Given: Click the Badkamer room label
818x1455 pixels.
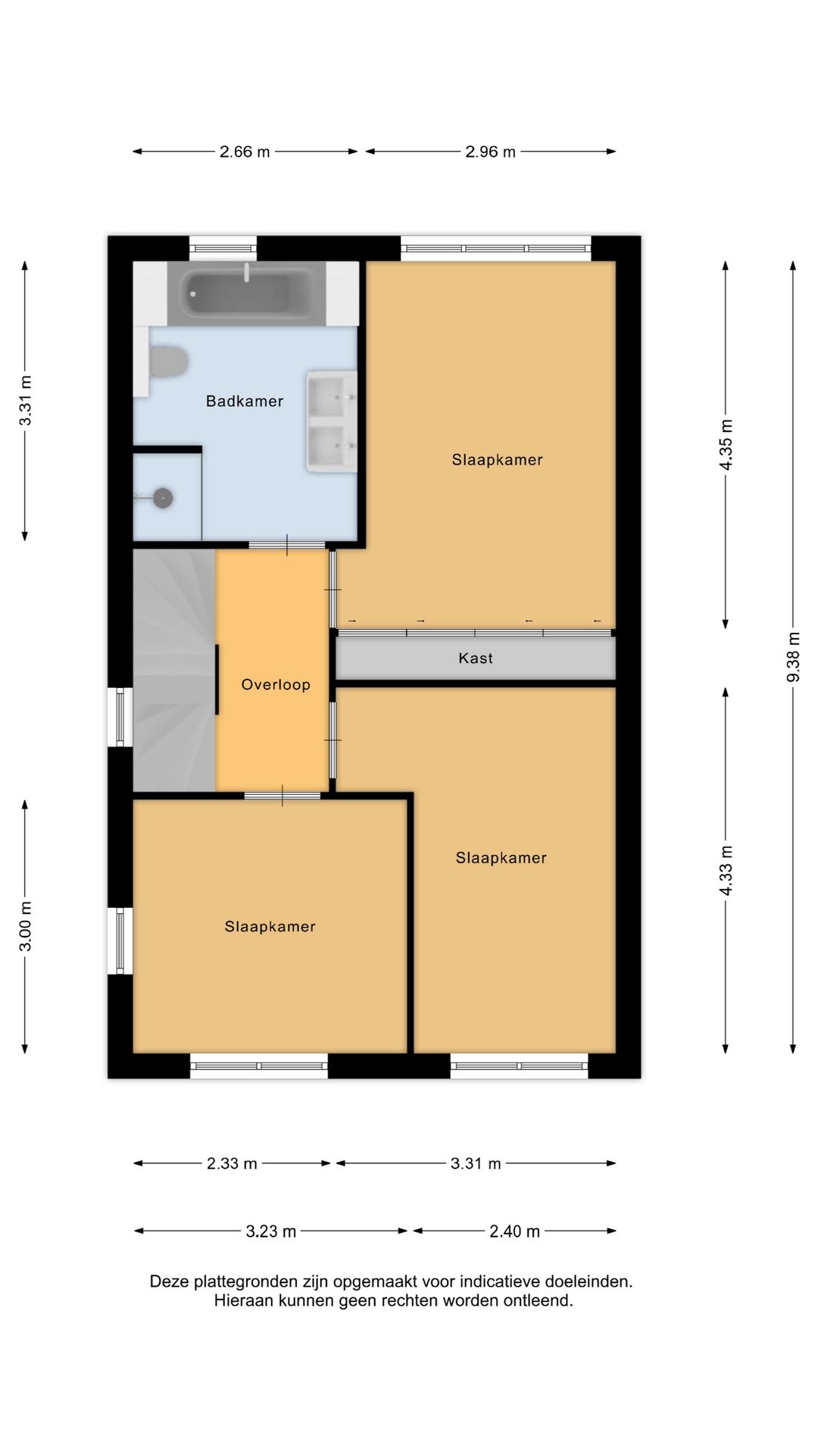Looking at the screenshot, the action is (245, 401).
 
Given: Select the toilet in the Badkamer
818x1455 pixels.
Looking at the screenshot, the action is (167, 361).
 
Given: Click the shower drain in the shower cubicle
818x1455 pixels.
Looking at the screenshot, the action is (163, 498).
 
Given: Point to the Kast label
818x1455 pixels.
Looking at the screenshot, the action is (476, 659).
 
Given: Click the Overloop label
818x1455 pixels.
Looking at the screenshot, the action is (276, 685).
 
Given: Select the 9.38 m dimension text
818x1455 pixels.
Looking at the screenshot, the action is (793, 656).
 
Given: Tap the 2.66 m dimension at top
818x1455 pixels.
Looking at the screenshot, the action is (245, 152).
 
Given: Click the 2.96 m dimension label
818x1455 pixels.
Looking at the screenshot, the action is (490, 152).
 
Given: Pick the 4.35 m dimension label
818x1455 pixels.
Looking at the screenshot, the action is (726, 444).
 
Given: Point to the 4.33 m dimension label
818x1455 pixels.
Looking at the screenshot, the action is (726, 870).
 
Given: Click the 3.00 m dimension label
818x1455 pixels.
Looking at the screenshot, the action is (25, 926).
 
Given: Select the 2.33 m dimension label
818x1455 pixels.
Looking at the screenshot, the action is (232, 1163).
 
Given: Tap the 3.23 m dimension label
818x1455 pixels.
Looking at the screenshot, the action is (270, 1231).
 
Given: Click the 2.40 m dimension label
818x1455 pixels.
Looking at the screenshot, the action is (514, 1231).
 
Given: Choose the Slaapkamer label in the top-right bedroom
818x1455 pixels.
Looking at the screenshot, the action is (498, 460).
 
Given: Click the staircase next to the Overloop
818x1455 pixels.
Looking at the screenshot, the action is (174, 671).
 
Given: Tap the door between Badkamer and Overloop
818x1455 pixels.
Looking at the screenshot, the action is (287, 545).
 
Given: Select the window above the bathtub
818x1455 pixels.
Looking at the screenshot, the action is (223, 248).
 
